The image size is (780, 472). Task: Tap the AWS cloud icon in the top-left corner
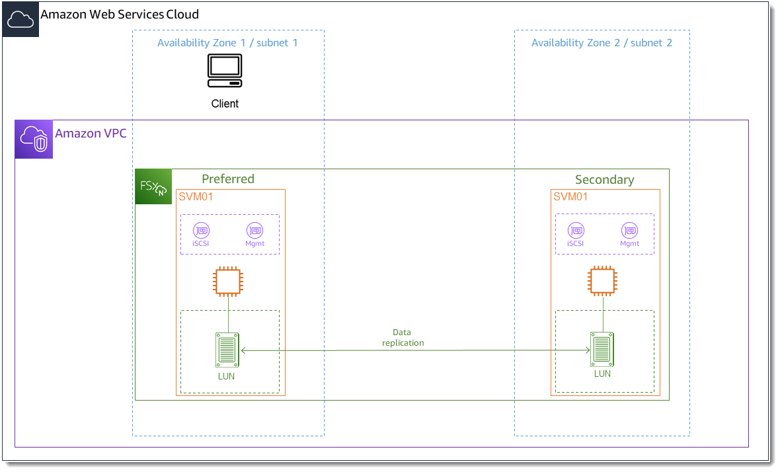(x=20, y=20)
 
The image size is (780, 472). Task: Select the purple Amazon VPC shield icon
(x=34, y=139)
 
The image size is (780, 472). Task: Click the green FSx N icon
(x=153, y=187)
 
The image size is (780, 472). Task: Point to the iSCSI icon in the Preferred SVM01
(x=201, y=231)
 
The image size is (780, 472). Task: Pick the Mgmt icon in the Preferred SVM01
(x=254, y=231)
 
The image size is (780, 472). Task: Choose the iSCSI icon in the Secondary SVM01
(x=576, y=231)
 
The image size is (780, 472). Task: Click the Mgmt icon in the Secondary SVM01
(x=629, y=231)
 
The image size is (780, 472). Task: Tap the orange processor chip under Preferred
(x=228, y=281)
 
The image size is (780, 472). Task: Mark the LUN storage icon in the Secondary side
(x=602, y=348)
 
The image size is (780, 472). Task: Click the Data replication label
(x=403, y=338)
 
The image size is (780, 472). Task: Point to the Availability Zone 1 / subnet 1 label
(x=227, y=43)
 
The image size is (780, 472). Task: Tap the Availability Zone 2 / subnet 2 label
(x=602, y=43)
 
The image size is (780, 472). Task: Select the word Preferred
(x=227, y=179)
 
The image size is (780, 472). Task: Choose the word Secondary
(x=604, y=180)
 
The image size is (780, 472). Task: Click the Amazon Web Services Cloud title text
(x=120, y=15)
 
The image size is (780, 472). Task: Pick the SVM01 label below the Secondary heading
(x=570, y=197)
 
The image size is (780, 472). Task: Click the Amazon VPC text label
(x=91, y=134)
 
